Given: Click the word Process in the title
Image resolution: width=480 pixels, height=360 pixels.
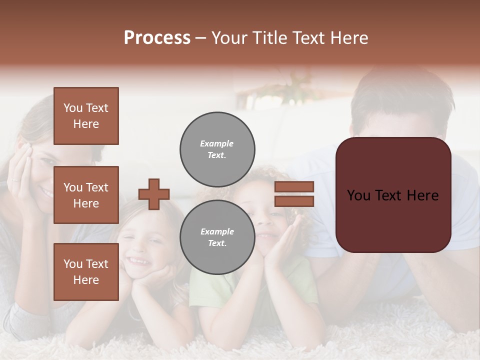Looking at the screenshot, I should tap(157, 37).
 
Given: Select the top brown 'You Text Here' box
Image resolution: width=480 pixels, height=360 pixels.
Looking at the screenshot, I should tap(86, 116).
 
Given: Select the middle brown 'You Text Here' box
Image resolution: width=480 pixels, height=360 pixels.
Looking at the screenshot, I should tap(86, 195).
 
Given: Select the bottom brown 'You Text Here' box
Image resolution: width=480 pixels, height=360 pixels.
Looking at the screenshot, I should tap(86, 272).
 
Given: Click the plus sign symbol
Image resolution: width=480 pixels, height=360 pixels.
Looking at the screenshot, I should tap(154, 194).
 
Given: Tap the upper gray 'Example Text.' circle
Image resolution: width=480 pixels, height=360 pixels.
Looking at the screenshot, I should tap(217, 149).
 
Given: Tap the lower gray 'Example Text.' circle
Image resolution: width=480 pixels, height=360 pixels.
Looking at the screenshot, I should tap(217, 237).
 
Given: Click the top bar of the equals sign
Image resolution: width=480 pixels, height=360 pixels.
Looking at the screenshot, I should tap(294, 186).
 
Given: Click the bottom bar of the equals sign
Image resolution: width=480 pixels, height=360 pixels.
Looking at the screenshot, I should tap(294, 201).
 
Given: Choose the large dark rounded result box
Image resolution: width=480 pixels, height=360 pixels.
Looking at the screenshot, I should tap(393, 195).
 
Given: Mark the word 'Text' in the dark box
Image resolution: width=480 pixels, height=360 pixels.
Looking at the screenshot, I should tap(393, 195).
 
